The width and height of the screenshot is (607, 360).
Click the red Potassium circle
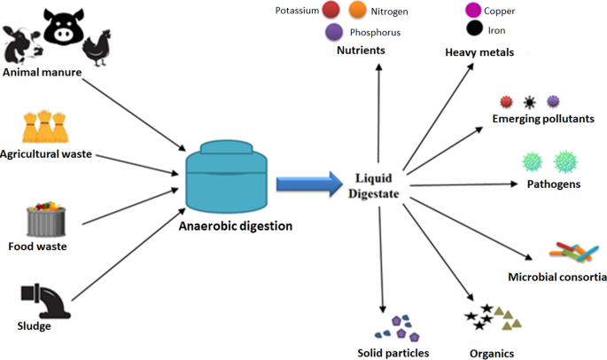pos(331,11)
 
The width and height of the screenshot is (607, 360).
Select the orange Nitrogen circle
pos(359,11)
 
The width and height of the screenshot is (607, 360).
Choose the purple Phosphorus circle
pos(334,32)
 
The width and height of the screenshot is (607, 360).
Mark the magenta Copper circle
pos(474,11)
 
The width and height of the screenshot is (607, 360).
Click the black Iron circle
pos(474,28)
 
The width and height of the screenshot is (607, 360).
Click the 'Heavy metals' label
pos(479,53)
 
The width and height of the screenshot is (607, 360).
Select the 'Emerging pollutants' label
pos(542,119)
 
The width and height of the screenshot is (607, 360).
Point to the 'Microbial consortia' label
pos(556,278)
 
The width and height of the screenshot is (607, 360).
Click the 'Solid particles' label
pos(393,353)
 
